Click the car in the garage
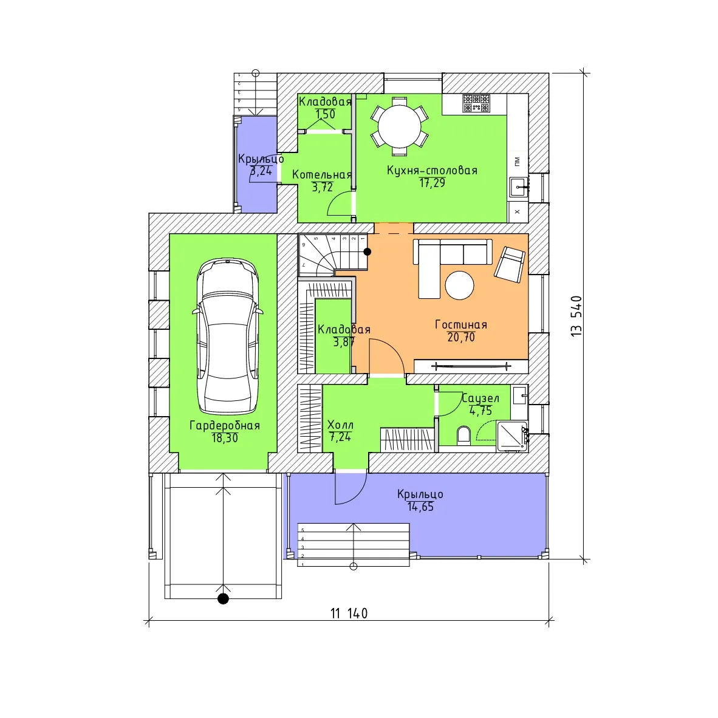(x=228, y=337)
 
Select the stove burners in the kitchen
(x=476, y=103)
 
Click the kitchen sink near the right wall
(x=519, y=187)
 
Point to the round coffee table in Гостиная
(x=459, y=285)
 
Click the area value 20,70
(x=460, y=338)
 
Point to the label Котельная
(x=322, y=174)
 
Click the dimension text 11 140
(x=349, y=613)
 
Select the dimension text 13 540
(x=576, y=316)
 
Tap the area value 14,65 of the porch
(x=420, y=507)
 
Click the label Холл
(x=340, y=425)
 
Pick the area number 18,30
(x=224, y=438)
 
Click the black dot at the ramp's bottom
(x=223, y=598)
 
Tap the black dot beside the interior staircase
(x=368, y=251)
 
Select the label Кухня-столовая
(x=433, y=170)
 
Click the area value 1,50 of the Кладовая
(x=325, y=114)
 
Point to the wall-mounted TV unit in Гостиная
(x=471, y=366)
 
